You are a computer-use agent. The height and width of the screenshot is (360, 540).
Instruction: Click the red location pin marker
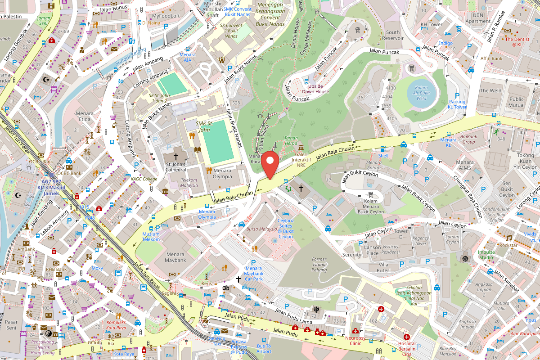coord(270,165)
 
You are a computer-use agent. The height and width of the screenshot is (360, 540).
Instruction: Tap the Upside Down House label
coord(315,89)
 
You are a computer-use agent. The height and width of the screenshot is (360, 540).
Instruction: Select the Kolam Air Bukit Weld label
coord(421,92)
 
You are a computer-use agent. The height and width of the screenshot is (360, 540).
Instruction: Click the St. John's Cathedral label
coord(175,167)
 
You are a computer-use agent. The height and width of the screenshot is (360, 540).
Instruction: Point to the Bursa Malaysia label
coord(261,229)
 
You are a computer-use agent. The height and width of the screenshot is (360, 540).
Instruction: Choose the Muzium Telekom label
coord(151,237)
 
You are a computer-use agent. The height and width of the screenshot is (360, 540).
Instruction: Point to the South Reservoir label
coord(392,35)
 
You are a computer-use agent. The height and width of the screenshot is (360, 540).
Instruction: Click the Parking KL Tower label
coord(457,104)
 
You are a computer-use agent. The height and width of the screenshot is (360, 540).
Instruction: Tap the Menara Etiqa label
coord(84,116)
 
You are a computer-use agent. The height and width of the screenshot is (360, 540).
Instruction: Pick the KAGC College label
coord(144,179)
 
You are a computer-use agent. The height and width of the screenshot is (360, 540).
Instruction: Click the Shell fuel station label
coord(383,156)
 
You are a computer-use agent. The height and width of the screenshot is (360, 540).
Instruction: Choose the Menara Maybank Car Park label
coord(254,274)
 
